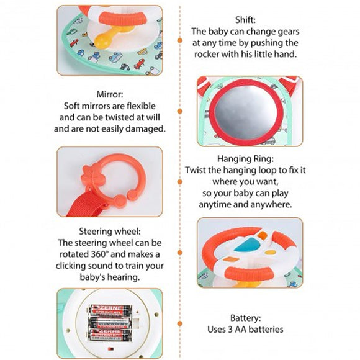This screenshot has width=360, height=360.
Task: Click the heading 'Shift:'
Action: pyautogui.click(x=245, y=20)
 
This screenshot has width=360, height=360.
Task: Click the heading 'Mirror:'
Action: pyautogui.click(x=110, y=94)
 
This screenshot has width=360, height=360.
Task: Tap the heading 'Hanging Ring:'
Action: pyautogui.click(x=245, y=159)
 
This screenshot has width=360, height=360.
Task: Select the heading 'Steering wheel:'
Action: pyautogui.click(x=110, y=231)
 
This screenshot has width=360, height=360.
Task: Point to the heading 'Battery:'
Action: pyautogui.click(x=245, y=318)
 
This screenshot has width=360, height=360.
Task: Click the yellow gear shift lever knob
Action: pyautogui.click(x=102, y=42)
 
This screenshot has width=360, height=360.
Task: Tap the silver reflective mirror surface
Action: pyautogui.click(x=246, y=112)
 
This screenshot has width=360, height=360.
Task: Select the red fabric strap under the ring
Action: pyautogui.click(x=86, y=204)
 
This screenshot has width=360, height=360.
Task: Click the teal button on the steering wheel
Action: pyautogui.click(x=247, y=245)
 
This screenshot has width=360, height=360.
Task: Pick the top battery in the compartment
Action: pyautogui.click(x=110, y=310)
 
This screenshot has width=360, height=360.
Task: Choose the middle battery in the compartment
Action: pyautogui.click(x=110, y=323)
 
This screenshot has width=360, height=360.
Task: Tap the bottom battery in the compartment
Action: pyautogui.click(x=110, y=335)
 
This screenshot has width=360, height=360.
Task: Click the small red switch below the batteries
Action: pyautogui.click(x=111, y=349)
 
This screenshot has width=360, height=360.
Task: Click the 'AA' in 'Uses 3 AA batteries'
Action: pyautogui.click(x=241, y=330)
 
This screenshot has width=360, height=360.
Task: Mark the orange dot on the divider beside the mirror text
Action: pyautogui.click(x=180, y=111)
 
